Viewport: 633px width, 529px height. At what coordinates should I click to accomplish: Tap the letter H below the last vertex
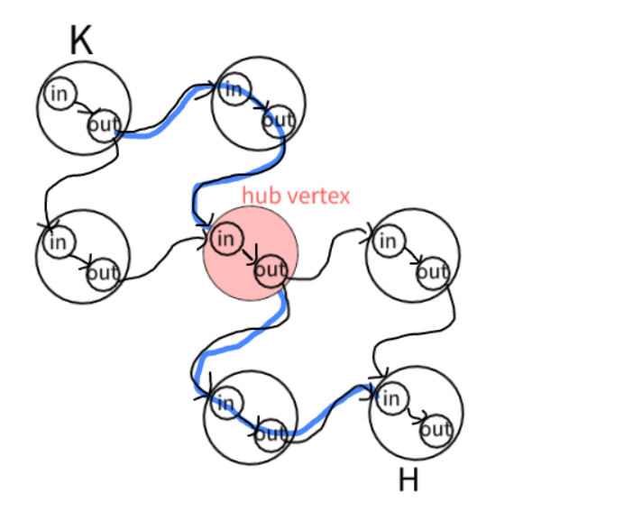click(408, 480)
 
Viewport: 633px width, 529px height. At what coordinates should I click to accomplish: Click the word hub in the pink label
click(260, 195)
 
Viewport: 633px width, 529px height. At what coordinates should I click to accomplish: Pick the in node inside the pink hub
click(225, 239)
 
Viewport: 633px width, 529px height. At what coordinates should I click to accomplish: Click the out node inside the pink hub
click(270, 269)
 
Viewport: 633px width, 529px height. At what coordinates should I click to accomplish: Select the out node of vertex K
click(103, 126)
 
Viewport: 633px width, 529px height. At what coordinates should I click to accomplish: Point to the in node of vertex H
click(390, 397)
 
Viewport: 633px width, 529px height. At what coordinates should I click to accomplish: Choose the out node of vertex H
click(436, 429)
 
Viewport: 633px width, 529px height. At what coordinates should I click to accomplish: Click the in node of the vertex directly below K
click(58, 242)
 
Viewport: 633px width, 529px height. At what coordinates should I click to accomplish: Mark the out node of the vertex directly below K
click(103, 273)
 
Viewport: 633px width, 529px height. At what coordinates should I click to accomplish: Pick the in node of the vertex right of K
click(233, 89)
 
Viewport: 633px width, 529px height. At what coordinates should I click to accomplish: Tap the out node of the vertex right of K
click(279, 120)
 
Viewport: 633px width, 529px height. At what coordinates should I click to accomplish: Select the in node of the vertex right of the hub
click(387, 242)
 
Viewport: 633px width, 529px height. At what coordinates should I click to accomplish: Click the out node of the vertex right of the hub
click(433, 272)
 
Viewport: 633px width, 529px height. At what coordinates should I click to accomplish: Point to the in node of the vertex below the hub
click(225, 402)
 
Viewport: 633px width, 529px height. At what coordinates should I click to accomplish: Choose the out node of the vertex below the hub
click(270, 434)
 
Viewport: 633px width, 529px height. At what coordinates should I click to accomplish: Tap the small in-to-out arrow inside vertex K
click(82, 110)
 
